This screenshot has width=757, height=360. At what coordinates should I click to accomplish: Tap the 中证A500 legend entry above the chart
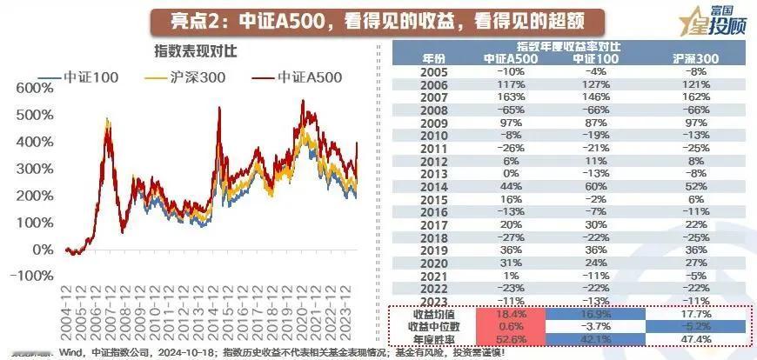point(299,77)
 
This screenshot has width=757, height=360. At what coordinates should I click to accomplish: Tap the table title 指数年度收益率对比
point(570,45)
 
